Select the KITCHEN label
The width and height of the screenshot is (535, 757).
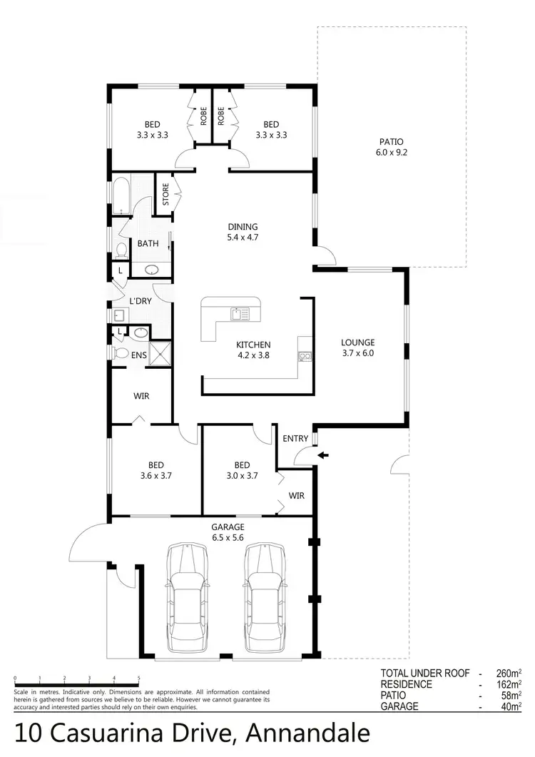click(253, 345)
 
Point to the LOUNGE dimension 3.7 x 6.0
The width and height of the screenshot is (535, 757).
click(357, 352)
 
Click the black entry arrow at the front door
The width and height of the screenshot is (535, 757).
click(324, 454)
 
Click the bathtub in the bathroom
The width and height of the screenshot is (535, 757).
click(119, 195)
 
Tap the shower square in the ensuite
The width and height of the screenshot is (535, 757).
click(160, 353)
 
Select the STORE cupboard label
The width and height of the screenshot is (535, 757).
click(165, 195)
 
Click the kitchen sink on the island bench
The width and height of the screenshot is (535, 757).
click(239, 313)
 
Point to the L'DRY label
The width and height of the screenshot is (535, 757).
click(140, 301)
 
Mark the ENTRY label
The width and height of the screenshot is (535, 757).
click(295, 438)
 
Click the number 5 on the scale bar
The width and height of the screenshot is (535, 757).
click(138, 679)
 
